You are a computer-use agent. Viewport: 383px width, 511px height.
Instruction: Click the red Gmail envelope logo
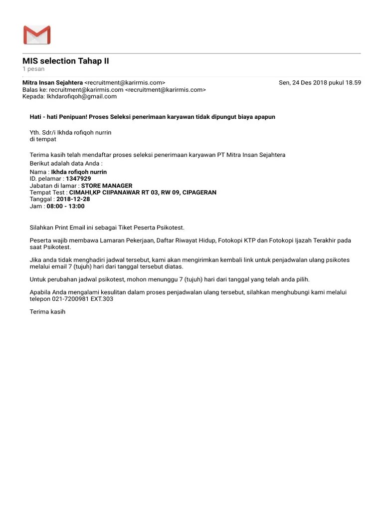(37, 35)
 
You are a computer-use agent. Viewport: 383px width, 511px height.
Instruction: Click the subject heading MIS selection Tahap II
(65, 61)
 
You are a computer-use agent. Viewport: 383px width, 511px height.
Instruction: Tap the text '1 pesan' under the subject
(33, 69)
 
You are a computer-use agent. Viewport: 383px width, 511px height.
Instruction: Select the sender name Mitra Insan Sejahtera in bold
(52, 82)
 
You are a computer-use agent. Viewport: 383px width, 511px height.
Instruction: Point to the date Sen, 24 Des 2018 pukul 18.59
(320, 82)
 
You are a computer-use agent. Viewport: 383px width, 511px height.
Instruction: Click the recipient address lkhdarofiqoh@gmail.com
(82, 96)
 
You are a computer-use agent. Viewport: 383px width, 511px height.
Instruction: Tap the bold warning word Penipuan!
(71, 117)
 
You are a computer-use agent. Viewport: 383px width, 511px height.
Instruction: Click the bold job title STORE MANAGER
(107, 186)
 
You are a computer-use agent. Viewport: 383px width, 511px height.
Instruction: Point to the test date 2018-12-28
(73, 199)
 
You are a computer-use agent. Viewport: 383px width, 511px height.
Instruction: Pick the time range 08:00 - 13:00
(66, 206)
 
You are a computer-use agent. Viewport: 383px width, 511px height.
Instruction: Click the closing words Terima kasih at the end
(47, 312)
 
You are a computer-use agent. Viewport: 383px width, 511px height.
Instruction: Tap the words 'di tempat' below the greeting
(43, 139)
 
